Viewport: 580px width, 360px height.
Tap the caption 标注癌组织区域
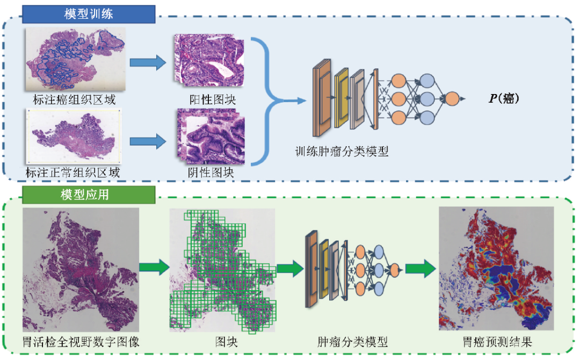point(74,100)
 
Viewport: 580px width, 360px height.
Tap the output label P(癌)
point(503,99)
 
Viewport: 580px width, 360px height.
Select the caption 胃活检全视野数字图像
point(81,342)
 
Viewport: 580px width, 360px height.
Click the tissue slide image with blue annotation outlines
point(75,59)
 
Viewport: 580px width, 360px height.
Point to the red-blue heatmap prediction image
point(496,269)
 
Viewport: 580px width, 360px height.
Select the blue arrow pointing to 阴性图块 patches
point(148,142)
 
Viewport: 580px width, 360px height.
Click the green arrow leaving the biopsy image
point(153,267)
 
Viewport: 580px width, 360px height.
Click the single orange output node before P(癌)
point(452,99)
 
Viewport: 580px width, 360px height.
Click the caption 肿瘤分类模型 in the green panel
point(352,342)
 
